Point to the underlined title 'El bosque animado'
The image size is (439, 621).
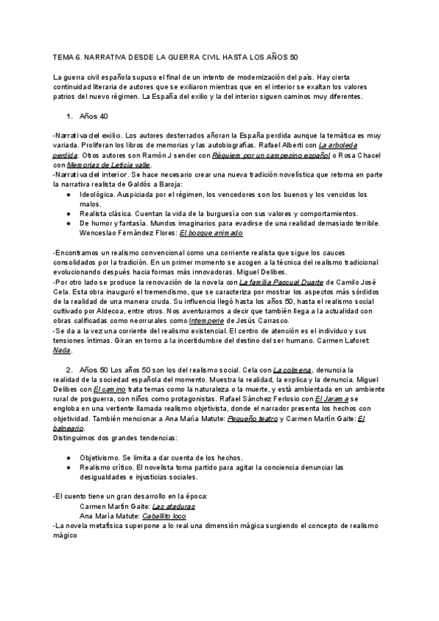tap(211, 232)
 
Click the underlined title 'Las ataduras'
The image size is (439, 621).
tap(173, 506)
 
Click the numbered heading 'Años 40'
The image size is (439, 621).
tap(94, 116)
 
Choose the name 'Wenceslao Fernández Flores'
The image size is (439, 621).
tap(127, 232)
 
